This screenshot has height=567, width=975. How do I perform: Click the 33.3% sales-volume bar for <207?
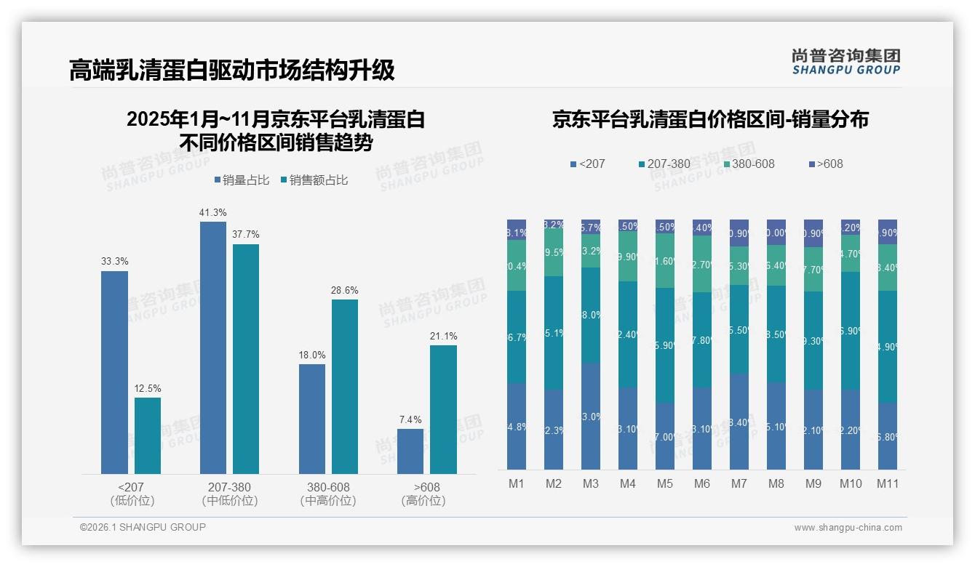click(x=114, y=372)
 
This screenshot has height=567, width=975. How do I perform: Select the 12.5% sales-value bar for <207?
click(x=148, y=435)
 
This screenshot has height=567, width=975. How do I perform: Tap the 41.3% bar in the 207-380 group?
click(x=213, y=347)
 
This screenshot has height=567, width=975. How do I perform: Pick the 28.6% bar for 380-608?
click(x=345, y=387)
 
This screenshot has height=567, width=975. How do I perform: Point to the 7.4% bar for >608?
click(x=410, y=451)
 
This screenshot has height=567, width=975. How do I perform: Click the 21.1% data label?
click(x=444, y=337)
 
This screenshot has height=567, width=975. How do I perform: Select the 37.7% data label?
click(x=246, y=235)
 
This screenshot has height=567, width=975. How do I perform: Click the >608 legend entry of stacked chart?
click(x=825, y=164)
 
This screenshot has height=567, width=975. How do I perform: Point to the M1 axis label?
click(x=516, y=484)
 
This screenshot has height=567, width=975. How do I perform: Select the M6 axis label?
click(x=701, y=484)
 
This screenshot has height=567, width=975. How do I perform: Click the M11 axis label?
click(x=887, y=484)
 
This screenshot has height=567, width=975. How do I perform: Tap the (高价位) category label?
click(x=423, y=501)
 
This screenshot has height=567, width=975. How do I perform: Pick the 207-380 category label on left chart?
click(x=230, y=487)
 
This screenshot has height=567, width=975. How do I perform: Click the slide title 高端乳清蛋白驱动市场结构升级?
click(x=232, y=70)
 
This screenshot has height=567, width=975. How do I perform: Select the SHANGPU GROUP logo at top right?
click(x=845, y=62)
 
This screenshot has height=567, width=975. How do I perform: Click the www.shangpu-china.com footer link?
click(x=848, y=528)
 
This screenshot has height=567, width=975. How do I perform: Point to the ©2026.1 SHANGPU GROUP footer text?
click(x=143, y=527)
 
